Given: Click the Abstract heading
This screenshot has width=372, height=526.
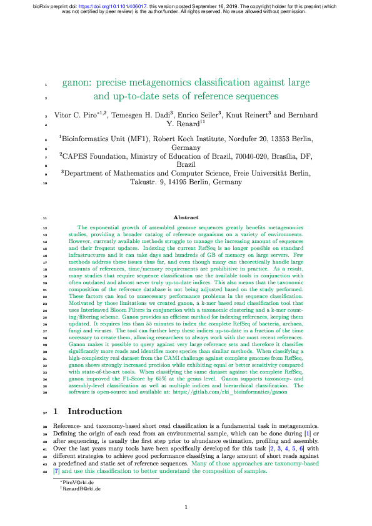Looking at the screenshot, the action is pyautogui.click(x=186, y=217).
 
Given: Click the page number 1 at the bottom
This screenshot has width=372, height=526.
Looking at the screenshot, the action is pyautogui.click(x=186, y=507).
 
